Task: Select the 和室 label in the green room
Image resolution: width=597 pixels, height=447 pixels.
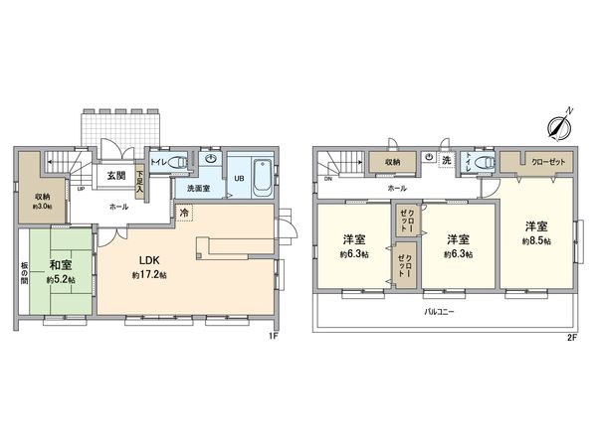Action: pos(59,264)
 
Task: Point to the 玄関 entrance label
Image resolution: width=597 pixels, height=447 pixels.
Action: pos(115,176)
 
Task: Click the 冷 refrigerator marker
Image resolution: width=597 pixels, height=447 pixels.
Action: pos(185,212)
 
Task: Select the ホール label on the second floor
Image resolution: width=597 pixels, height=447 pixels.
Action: pos(396,186)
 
